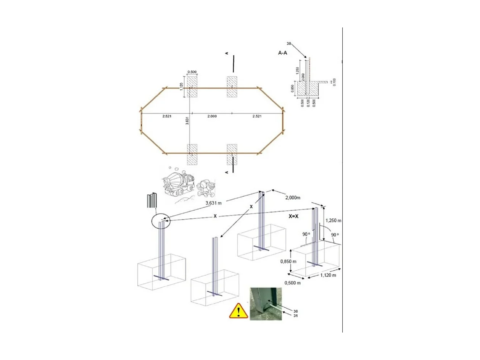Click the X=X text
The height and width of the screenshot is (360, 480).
294,215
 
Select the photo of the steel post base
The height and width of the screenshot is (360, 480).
266,303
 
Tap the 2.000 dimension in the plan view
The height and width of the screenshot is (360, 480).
212,116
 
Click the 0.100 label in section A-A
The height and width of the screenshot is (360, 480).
334,82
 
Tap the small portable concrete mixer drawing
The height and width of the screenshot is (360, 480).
206,187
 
